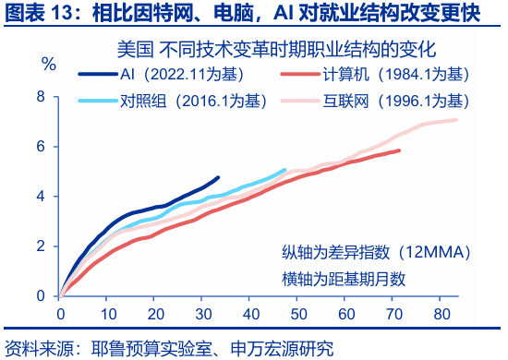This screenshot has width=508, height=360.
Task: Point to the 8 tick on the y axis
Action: click(x=42, y=96)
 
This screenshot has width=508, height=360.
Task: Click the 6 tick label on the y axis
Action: click(x=42, y=146)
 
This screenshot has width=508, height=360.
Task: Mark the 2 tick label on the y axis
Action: click(x=42, y=246)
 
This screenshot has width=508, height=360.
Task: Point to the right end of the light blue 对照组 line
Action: click(x=284, y=170)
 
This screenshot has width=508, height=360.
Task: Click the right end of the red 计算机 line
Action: click(x=400, y=150)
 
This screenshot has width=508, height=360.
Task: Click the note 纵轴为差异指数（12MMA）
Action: click(x=377, y=252)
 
